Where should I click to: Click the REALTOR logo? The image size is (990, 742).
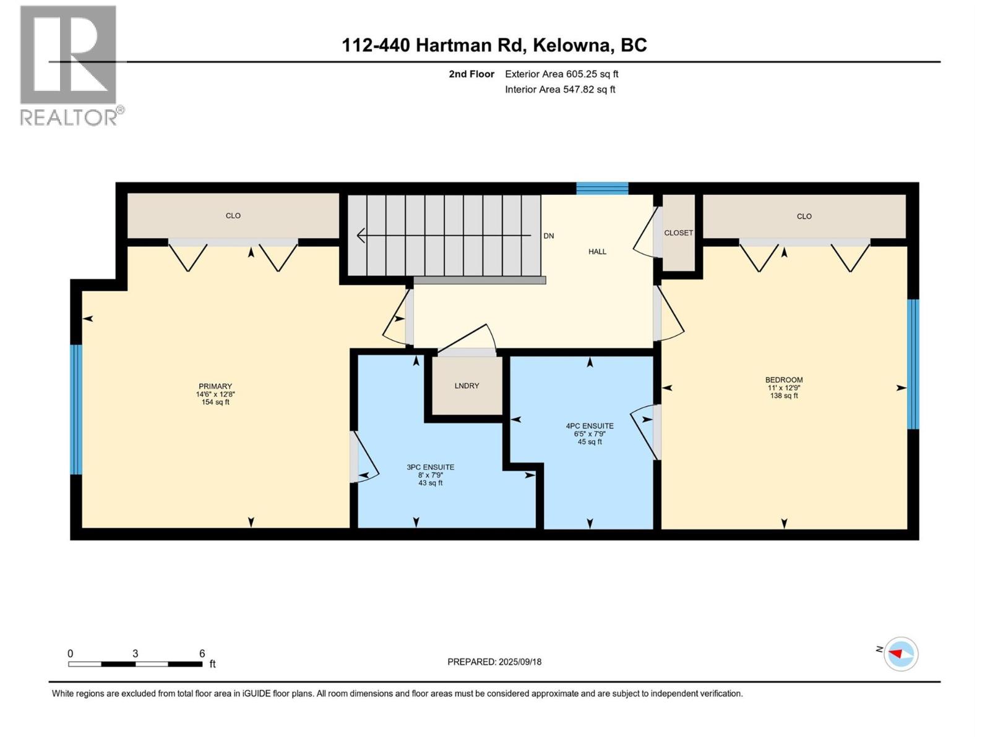click(69, 65)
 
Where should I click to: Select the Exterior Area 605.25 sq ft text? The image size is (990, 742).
click(561, 74)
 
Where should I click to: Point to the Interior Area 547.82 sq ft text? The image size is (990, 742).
click(560, 90)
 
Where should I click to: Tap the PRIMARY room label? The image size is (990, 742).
click(215, 386)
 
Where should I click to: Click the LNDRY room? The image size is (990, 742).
click(467, 386)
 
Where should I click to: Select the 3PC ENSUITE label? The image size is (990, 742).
click(430, 467)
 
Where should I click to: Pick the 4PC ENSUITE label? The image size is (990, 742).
click(589, 426)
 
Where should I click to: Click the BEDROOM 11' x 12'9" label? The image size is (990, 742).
click(783, 388)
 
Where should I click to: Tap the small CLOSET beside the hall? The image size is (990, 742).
click(678, 233)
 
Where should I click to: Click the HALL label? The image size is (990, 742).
click(597, 252)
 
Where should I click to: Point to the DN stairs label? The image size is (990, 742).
click(548, 236)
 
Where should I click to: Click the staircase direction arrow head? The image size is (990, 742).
click(361, 236)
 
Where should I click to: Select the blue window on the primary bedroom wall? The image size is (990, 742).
click(75, 409)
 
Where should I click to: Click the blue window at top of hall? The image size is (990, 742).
click(602, 189)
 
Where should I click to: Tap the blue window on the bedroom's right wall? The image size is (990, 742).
click(913, 364)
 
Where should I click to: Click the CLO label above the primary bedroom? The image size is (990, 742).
click(233, 216)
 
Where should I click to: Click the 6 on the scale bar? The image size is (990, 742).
click(202, 654)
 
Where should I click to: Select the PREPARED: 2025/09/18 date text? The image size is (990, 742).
click(494, 662)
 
